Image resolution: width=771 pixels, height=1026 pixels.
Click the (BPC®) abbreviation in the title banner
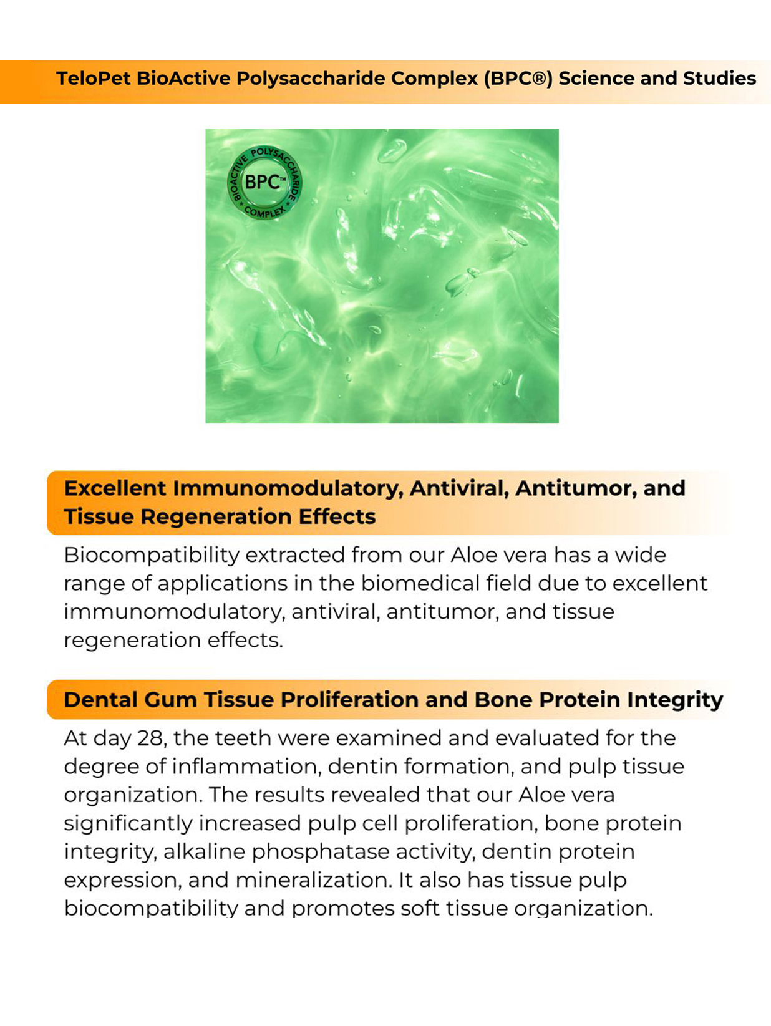point(518,79)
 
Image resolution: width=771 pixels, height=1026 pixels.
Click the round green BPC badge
point(264,182)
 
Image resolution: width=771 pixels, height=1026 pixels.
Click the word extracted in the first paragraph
point(295,555)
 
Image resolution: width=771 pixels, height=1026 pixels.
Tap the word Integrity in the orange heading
point(675,700)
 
